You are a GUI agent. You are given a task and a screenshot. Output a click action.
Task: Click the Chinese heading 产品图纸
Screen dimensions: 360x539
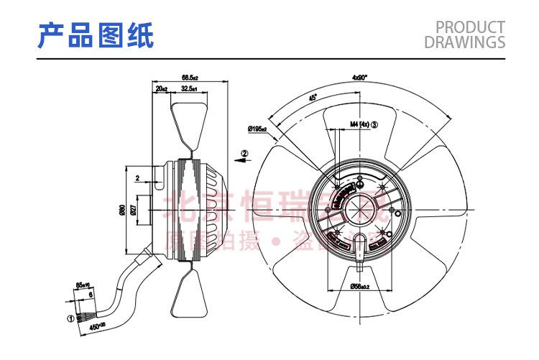(96, 35)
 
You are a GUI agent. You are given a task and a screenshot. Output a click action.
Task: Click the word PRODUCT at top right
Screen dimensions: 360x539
(471, 27)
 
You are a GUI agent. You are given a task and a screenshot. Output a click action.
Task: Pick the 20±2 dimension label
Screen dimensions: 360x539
(162, 88)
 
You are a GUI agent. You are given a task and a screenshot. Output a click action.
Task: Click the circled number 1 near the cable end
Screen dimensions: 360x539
(70, 317)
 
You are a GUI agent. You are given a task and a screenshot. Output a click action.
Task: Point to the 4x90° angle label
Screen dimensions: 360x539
(359, 77)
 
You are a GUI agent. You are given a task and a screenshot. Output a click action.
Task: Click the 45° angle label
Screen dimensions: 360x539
(312, 98)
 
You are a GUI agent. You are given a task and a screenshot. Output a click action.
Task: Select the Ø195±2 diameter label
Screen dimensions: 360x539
(257, 129)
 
